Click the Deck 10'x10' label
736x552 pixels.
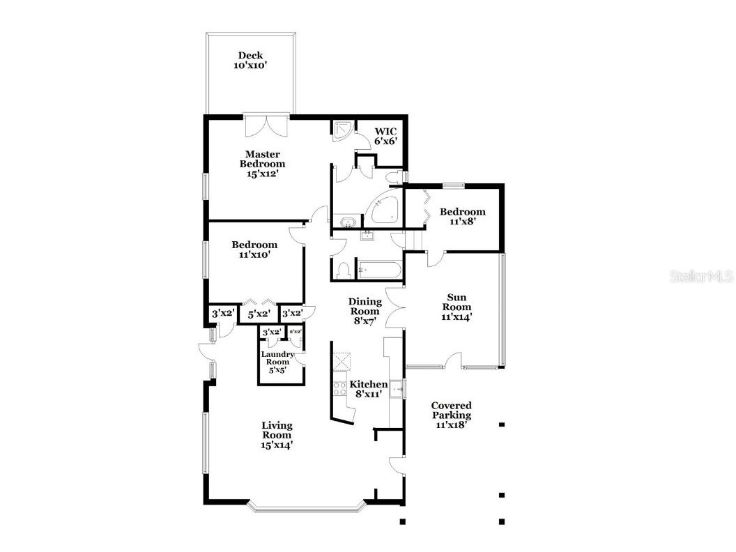tap(251, 60)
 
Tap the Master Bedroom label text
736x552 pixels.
tap(262, 164)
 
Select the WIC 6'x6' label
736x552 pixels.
tap(385, 135)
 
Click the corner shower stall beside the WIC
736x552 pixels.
tap(342, 131)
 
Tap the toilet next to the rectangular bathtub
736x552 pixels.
tap(343, 270)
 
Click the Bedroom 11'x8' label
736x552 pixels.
tap(462, 216)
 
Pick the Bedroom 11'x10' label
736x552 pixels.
tap(254, 250)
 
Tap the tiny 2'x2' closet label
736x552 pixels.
tap(296, 332)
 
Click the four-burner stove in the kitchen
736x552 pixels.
tap(340, 390)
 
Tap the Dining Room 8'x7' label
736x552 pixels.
tap(365, 312)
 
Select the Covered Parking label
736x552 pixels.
tap(451, 414)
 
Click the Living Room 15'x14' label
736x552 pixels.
tap(277, 435)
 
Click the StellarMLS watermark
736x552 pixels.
tap(701, 277)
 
